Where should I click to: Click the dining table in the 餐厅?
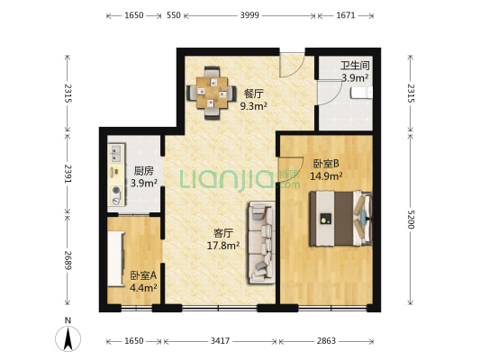click(212, 93)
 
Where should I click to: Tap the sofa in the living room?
click(262, 242)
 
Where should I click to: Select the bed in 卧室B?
click(340, 219)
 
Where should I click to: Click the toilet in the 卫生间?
click(362, 93)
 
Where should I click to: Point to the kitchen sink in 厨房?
click(116, 153)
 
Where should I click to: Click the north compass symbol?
click(68, 338)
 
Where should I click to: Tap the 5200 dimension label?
click(411, 220)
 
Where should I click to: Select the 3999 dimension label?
click(249, 15)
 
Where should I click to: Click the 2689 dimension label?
click(68, 260)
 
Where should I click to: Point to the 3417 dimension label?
click(220, 341)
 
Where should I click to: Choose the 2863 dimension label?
click(326, 341)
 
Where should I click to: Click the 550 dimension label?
click(174, 15)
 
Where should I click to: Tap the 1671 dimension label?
click(346, 15)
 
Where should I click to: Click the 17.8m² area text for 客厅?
click(223, 246)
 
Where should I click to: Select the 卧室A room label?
click(143, 275)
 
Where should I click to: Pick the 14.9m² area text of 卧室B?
click(326, 175)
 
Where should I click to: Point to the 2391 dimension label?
click(68, 174)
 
